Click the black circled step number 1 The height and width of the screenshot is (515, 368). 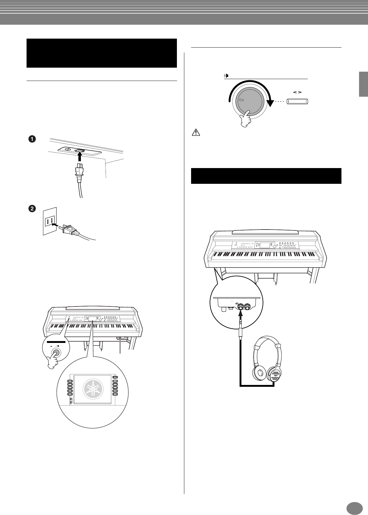pyautogui.click(x=31, y=139)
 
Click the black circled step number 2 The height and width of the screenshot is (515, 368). pyautogui.click(x=31, y=209)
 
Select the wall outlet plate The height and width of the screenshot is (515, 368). pyautogui.click(x=50, y=221)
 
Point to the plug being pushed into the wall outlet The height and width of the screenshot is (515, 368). pyautogui.click(x=70, y=229)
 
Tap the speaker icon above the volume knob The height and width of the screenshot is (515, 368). pyautogui.click(x=227, y=76)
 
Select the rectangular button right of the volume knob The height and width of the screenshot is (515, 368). pyautogui.click(x=298, y=102)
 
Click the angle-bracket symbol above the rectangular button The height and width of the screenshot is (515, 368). pyautogui.click(x=297, y=92)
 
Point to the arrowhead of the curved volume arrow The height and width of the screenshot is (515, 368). pyautogui.click(x=270, y=104)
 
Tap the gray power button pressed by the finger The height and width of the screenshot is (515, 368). pyautogui.click(x=56, y=352)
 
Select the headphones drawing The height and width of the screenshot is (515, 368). pyautogui.click(x=267, y=361)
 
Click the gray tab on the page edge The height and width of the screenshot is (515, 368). pyautogui.click(x=363, y=84)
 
